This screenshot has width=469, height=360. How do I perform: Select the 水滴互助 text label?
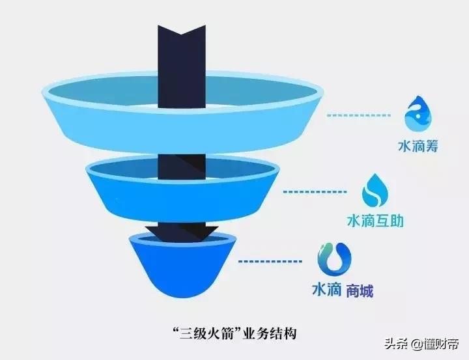click(375, 221)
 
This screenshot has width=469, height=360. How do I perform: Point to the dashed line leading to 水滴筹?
click(358, 115)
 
